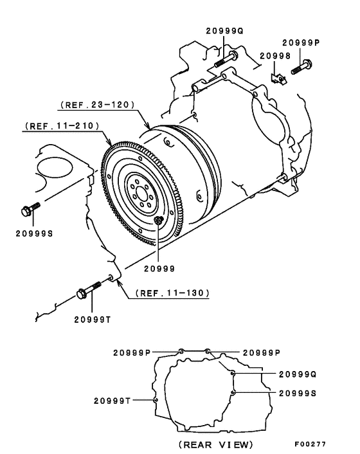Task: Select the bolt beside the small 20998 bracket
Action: [x=301, y=66]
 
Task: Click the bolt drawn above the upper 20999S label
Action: [x=30, y=209]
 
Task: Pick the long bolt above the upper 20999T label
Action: [x=89, y=289]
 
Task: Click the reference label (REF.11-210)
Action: [x=62, y=127]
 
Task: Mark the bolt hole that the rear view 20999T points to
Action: [x=156, y=399]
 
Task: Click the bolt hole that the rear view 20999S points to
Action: [x=234, y=392]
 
